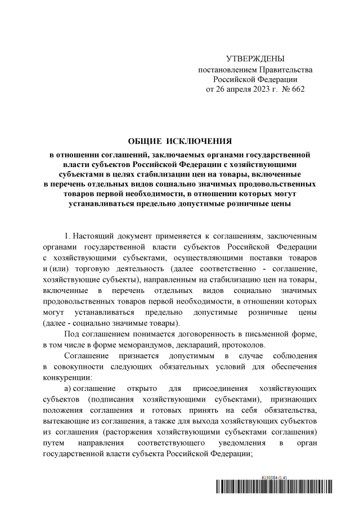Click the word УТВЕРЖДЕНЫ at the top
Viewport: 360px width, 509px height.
[255, 59]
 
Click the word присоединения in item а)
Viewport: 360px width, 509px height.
[215, 389]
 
